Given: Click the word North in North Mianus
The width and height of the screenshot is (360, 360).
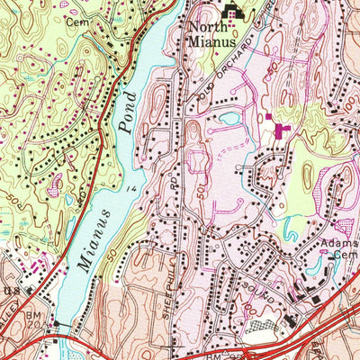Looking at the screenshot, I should click(205, 26).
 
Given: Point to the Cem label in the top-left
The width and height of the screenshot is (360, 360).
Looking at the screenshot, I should click(78, 20).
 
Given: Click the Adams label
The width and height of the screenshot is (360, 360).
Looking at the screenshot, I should click(335, 245).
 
